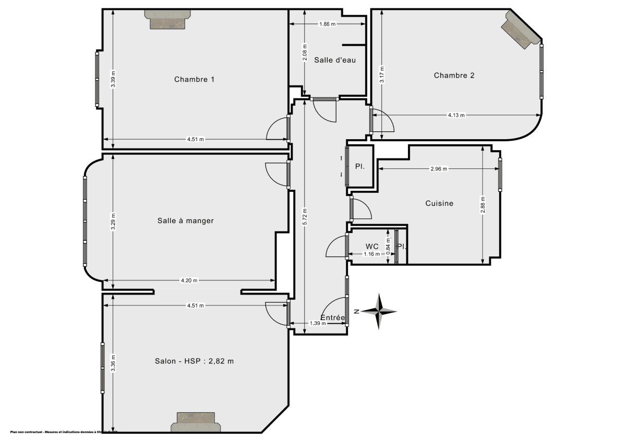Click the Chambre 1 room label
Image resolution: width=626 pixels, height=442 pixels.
pos(194,80)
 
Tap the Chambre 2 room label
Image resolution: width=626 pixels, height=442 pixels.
pos(454,76)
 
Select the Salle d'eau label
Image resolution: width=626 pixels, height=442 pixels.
pos(335,60)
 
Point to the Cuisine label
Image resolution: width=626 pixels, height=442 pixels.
pos(439,203)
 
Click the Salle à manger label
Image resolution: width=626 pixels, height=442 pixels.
pos(186,221)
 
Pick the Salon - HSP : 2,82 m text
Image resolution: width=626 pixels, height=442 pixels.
pos(194,361)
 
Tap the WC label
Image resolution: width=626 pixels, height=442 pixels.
pos(372,246)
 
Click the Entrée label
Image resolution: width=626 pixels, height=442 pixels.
pos(332,317)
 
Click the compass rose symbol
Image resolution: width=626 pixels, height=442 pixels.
pos(380,312)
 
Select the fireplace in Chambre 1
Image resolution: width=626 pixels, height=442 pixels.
pos(167,19)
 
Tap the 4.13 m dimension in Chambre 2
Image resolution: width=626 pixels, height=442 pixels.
pos(456,115)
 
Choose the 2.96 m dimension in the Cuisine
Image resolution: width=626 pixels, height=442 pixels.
pos(439,169)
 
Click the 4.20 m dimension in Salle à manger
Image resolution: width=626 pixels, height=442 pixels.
pos(189,281)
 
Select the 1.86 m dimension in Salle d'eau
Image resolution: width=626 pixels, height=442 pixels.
pos(327,24)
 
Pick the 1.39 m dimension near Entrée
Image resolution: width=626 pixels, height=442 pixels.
pos(318,323)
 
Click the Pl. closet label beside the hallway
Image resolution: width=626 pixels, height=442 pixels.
pos(359,167)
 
